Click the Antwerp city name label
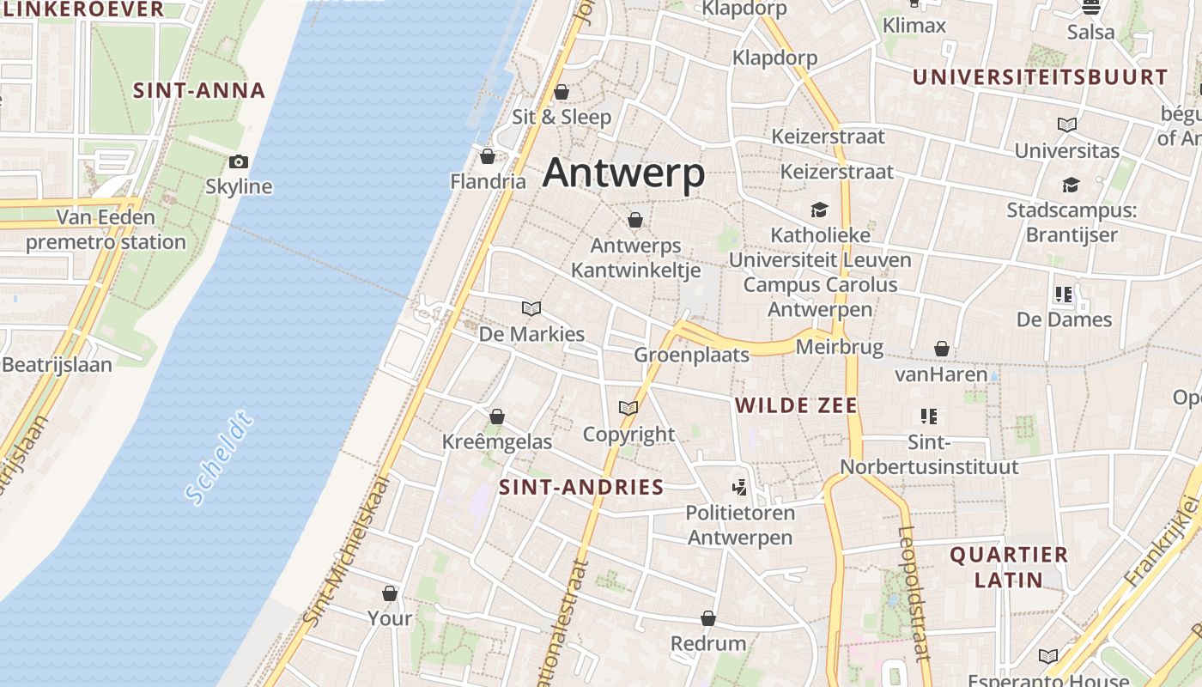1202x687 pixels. [x=624, y=173]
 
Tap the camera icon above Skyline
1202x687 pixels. [x=239, y=161]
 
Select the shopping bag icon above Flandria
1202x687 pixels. [x=488, y=156]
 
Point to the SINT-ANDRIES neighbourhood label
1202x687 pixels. [x=581, y=488]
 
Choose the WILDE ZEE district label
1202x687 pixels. [x=797, y=405]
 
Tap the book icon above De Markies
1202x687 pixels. [x=531, y=308]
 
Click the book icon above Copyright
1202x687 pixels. [x=628, y=408]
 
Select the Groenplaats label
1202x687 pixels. [x=691, y=355]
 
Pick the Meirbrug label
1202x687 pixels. [x=840, y=347]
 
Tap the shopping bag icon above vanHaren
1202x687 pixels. [x=942, y=349]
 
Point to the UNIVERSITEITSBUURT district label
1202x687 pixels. [x=1040, y=77]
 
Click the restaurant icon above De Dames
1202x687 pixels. [x=1064, y=295]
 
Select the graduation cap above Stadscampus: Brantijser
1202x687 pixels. [x=1071, y=185]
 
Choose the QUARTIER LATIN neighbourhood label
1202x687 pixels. [x=1009, y=567]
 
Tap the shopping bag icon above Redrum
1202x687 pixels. [x=708, y=618]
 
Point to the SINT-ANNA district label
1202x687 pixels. [x=199, y=91]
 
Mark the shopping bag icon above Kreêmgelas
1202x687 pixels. [x=496, y=417]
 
